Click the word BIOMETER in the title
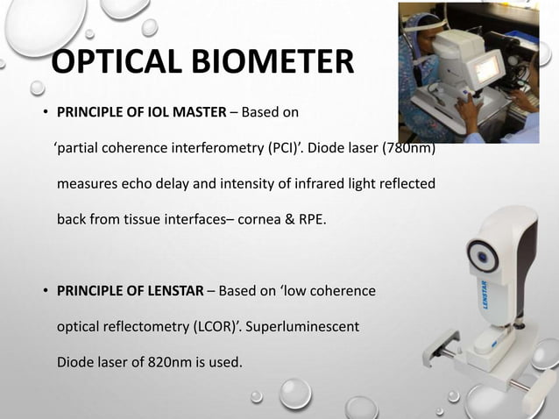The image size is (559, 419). point(268,64)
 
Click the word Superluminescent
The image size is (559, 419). point(303,327)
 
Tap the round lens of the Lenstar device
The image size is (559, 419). point(482,256)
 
